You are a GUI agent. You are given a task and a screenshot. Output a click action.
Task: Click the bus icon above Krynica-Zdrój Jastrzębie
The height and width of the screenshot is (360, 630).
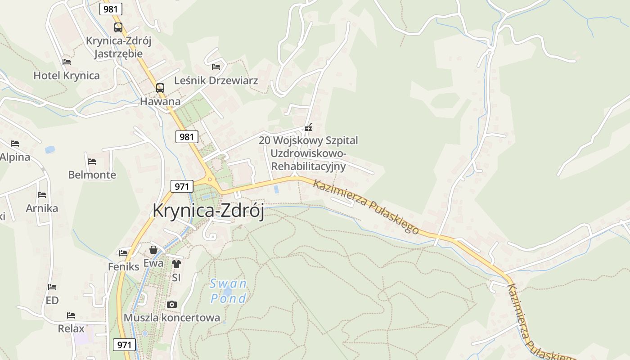pos(118,27)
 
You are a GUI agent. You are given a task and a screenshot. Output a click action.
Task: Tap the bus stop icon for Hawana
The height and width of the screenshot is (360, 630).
pos(160,88)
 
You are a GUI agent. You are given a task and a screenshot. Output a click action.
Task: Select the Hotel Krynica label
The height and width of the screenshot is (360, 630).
pos(67,75)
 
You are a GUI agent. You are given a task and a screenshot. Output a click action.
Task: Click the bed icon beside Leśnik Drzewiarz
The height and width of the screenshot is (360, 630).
pos(216,67)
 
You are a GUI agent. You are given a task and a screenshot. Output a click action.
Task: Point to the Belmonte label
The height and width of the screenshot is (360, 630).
pos(92,175)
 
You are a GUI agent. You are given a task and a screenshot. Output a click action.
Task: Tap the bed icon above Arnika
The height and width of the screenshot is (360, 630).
pos(42,195)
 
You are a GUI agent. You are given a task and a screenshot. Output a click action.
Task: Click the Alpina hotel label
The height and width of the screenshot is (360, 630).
pos(15,157)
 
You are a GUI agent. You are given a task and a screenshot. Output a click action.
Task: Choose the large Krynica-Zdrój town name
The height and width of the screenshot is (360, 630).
pos(208,211)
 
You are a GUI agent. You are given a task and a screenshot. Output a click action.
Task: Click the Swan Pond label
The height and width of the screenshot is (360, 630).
pos(229,291)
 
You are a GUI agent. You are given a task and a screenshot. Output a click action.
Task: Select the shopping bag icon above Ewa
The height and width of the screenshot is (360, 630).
pos(153,250)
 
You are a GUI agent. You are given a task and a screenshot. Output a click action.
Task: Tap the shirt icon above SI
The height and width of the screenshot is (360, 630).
pos(176,264)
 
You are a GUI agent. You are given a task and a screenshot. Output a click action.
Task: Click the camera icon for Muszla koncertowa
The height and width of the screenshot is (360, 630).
pos(171,305)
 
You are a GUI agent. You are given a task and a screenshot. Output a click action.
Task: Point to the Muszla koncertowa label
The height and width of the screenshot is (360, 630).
pos(172,318)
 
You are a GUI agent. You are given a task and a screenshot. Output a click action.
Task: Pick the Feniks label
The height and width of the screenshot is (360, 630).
pos(124,266)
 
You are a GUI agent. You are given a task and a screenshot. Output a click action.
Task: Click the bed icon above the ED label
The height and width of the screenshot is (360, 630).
pos(52,287)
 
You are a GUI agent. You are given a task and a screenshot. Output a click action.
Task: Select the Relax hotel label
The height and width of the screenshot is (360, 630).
pos(71,328)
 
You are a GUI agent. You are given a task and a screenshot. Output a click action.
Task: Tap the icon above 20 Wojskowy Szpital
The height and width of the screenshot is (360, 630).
pos(308,128)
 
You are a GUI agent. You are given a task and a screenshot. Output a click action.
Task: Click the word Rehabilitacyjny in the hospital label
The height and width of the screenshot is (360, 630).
pos(309,166)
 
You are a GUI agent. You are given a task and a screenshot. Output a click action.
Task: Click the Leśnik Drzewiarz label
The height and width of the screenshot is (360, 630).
pos(216,81)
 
